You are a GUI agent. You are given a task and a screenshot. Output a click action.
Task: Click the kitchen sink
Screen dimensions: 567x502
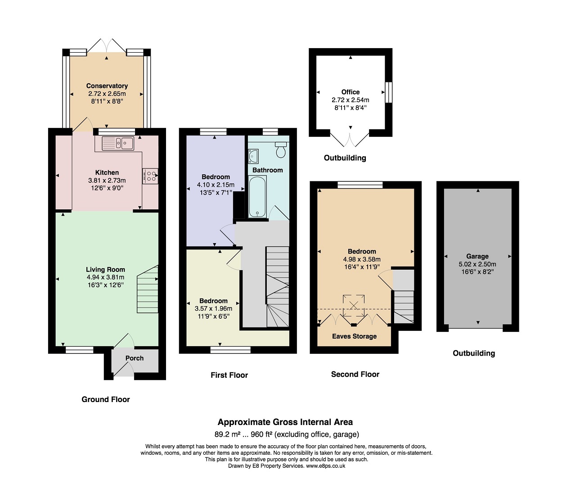pyautogui.click(x=118, y=143)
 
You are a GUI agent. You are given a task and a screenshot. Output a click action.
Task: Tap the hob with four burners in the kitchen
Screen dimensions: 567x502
pyautogui.click(x=150, y=176)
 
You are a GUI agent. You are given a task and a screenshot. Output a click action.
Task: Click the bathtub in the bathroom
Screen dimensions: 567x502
pyautogui.click(x=257, y=196)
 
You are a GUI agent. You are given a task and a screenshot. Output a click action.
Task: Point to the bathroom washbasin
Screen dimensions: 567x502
pyautogui.click(x=253, y=156)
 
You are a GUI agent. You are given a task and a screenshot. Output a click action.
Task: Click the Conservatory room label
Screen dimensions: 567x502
pyautogui.click(x=107, y=86)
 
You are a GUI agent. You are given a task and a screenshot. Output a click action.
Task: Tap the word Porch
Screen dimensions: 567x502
pyautogui.click(x=135, y=358)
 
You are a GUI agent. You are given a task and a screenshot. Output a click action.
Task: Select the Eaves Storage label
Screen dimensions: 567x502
pyautogui.click(x=354, y=336)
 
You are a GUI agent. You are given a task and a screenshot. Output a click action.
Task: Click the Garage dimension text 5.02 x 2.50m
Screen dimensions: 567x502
pyautogui.click(x=477, y=264)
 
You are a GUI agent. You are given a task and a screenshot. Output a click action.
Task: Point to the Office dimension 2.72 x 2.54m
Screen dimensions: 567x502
pyautogui.click(x=351, y=100)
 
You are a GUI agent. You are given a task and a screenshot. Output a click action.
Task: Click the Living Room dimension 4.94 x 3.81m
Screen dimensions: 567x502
pyautogui.click(x=105, y=277)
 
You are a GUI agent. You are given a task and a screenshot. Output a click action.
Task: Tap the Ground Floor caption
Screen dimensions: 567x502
pyautogui.click(x=106, y=399)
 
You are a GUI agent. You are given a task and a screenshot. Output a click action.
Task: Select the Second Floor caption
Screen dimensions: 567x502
pyautogui.click(x=355, y=374)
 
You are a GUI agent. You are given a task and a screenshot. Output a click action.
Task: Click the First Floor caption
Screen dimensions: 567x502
pyautogui.click(x=229, y=375)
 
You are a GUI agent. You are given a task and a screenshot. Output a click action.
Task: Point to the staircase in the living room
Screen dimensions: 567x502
pyautogui.click(x=148, y=289)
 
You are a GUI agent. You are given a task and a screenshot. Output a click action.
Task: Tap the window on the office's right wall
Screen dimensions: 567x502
pyautogui.click(x=388, y=92)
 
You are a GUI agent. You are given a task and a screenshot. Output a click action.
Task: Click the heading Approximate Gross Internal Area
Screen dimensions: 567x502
pyautogui.click(x=285, y=422)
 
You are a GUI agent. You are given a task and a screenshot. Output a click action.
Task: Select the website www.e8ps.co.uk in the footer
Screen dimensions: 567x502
pyautogui.click(x=325, y=466)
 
